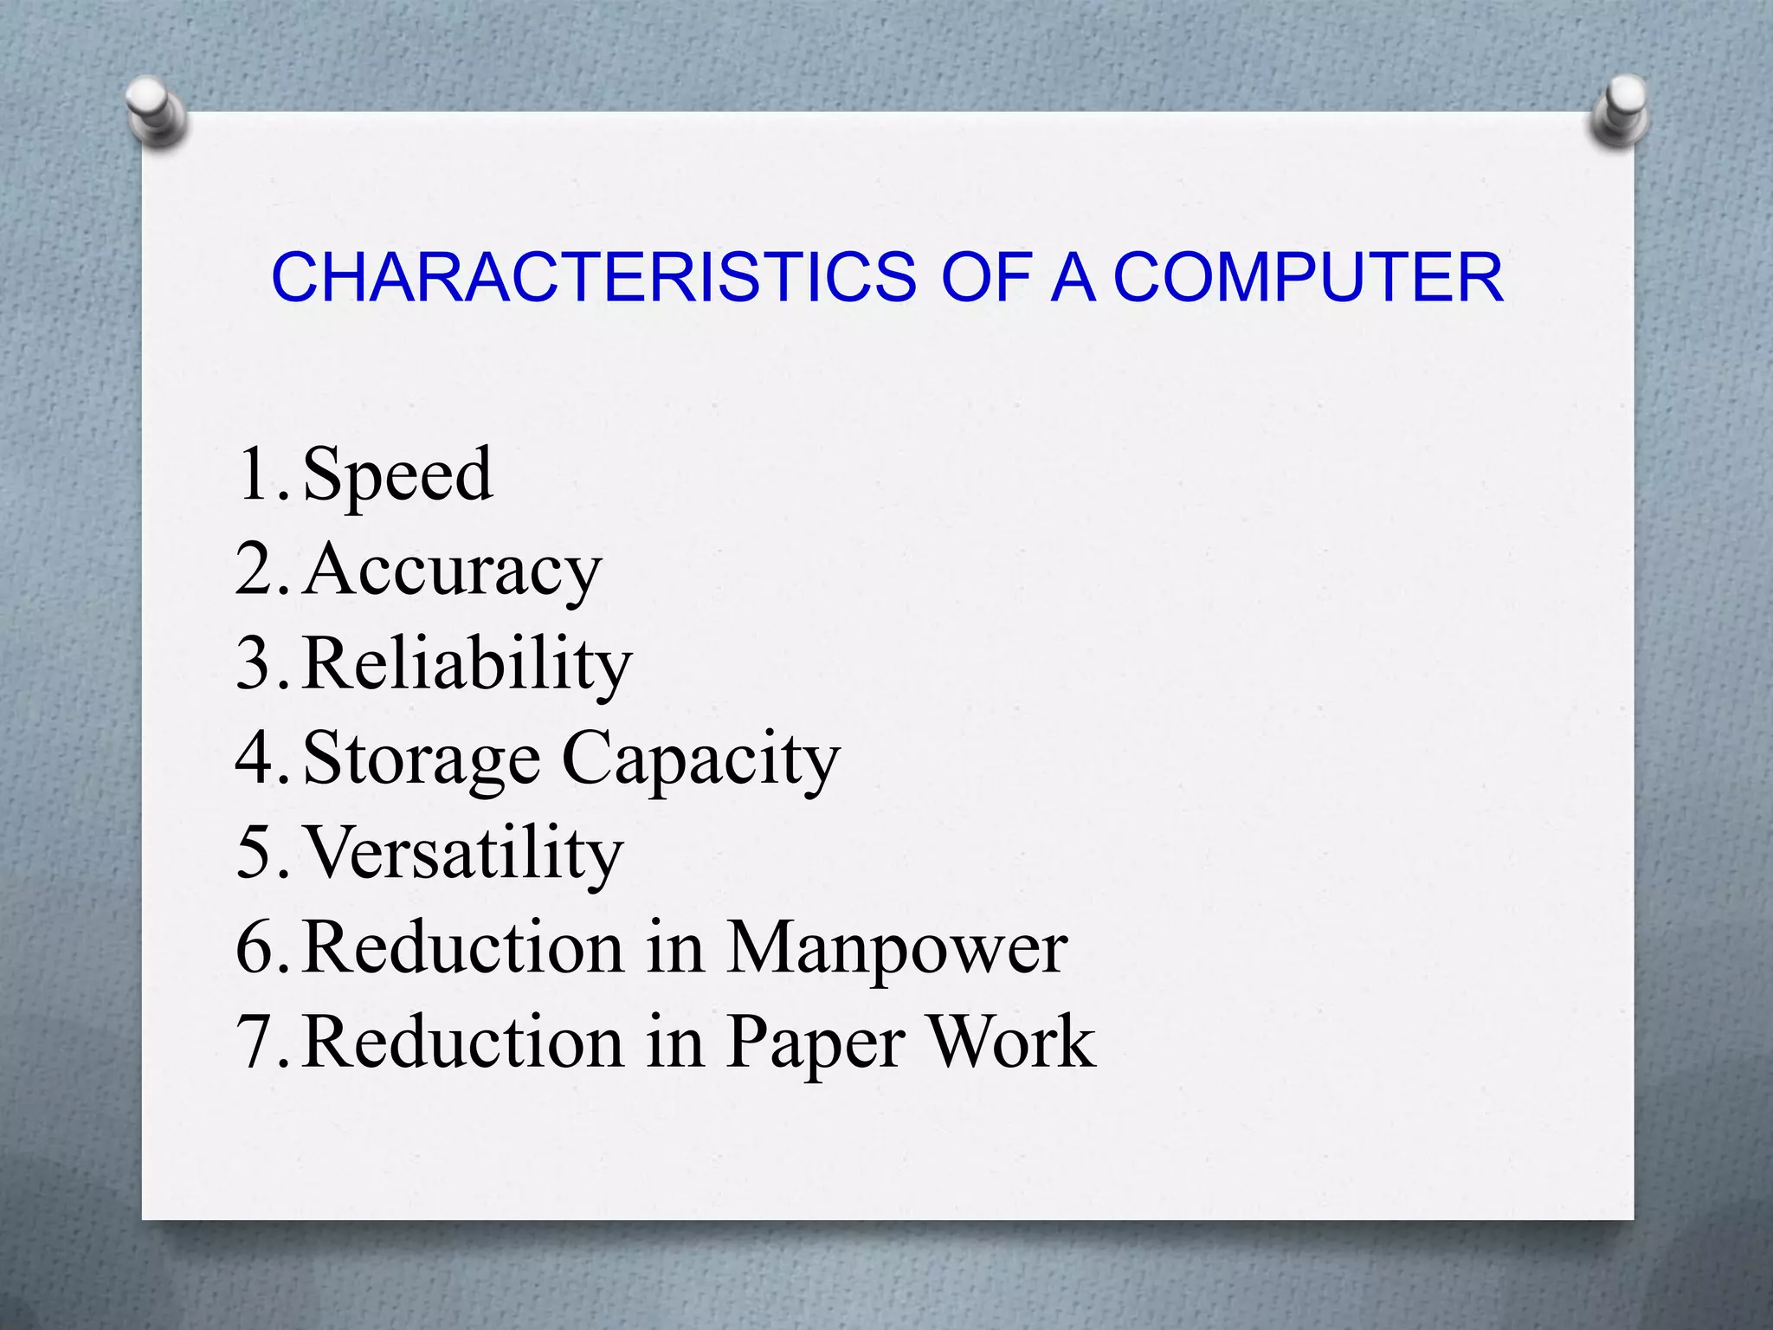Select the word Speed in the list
398,475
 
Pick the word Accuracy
452,570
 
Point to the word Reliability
467,664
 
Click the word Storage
422,759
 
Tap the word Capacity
701,759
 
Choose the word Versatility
463,853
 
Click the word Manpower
897,948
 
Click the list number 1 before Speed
255,475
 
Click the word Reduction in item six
463,948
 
